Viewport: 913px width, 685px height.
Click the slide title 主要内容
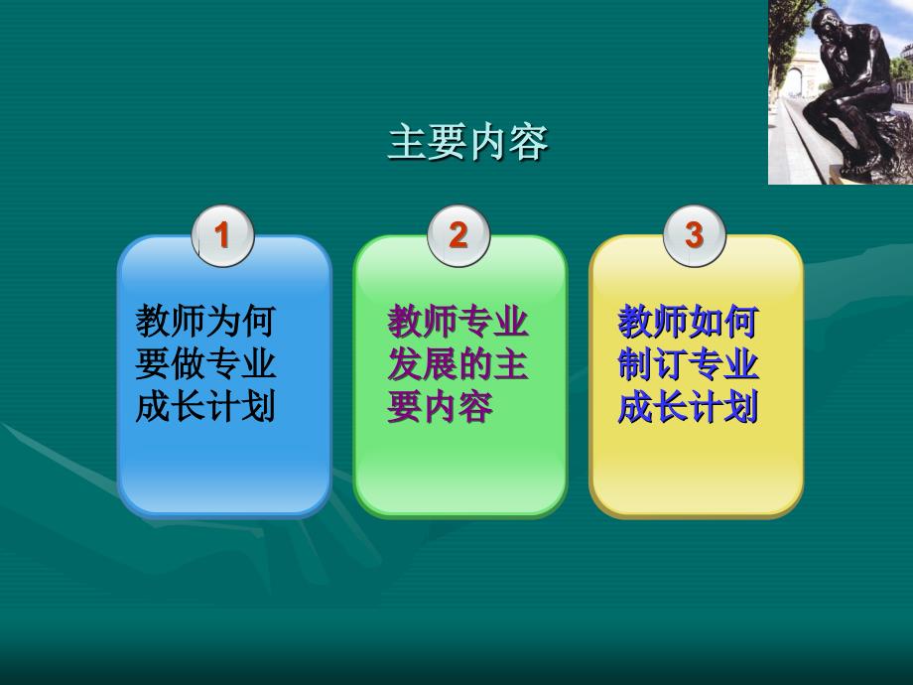click(x=468, y=142)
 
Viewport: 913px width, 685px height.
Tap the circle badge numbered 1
click(x=223, y=235)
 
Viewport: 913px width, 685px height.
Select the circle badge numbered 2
click(x=458, y=235)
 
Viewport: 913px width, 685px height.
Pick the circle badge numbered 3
click(x=695, y=235)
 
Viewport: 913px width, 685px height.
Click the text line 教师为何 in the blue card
click(x=205, y=321)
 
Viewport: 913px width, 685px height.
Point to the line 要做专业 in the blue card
click(x=205, y=363)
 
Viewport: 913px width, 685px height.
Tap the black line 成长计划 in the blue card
click(x=205, y=406)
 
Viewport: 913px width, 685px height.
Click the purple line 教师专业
click(x=457, y=321)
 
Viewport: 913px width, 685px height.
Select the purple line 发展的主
click(x=457, y=363)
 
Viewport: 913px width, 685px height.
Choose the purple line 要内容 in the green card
click(x=441, y=406)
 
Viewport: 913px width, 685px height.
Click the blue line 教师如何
click(x=689, y=321)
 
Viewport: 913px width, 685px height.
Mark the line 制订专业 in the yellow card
click(x=689, y=363)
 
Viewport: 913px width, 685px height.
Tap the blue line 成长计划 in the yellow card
click(x=689, y=406)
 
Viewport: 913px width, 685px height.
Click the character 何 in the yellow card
click(x=741, y=321)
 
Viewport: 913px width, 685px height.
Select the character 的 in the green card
click(x=475, y=363)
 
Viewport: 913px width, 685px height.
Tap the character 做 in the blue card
click(x=189, y=363)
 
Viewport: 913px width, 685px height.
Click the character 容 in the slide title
click(x=529, y=142)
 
